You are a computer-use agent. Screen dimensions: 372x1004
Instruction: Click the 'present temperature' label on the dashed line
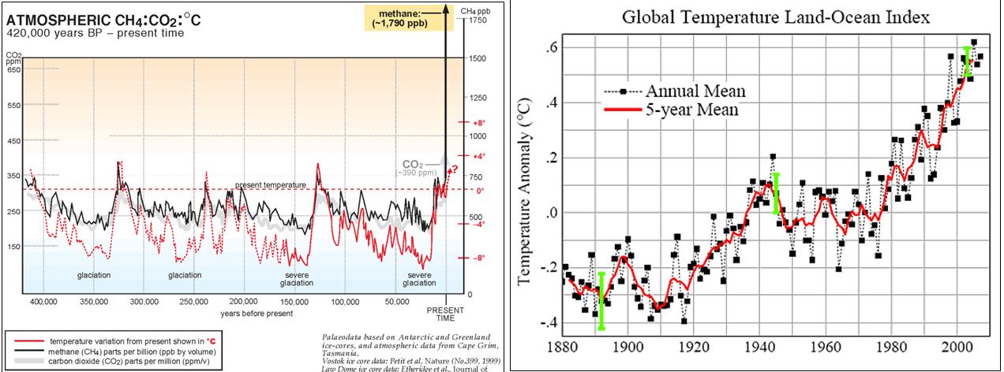click(270, 185)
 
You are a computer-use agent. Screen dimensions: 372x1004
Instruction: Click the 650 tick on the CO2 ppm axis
click(13, 70)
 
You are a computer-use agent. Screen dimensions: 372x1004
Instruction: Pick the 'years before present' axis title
click(257, 313)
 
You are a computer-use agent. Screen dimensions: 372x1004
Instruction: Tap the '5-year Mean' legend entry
click(691, 110)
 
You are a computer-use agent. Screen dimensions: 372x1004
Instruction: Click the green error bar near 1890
click(601, 300)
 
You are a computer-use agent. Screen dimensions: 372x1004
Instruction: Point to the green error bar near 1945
click(777, 193)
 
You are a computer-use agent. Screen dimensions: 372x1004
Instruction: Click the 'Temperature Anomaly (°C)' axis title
click(523, 192)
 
